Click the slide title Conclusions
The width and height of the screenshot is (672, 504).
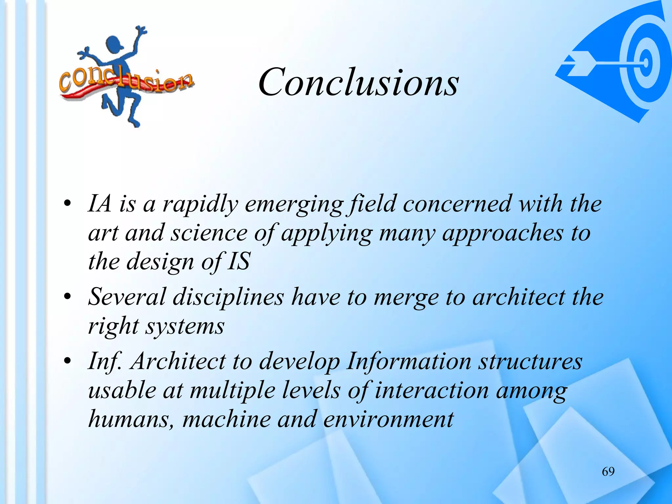(x=358, y=82)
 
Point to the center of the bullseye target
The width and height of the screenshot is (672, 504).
(x=645, y=62)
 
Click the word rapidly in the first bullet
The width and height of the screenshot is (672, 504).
(x=200, y=204)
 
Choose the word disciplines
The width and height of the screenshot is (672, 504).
(x=228, y=297)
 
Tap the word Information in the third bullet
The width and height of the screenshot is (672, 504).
(x=409, y=361)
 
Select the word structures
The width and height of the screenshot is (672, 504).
(x=530, y=361)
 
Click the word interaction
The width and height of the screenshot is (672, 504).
(x=431, y=390)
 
